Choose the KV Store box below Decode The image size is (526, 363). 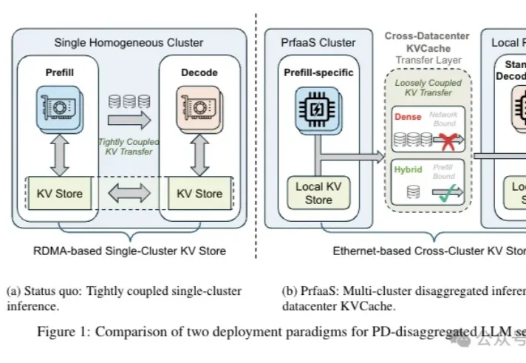pos(199,194)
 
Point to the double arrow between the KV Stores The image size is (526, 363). pos(128,194)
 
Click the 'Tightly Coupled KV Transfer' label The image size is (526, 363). pos(129,146)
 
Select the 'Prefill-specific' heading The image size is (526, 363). pos(318,72)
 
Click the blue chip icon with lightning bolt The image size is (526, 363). pos(318,110)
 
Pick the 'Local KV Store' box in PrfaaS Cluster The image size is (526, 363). pos(318,193)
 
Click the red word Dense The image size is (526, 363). pos(409,117)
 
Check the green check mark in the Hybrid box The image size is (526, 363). pos(445,194)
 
